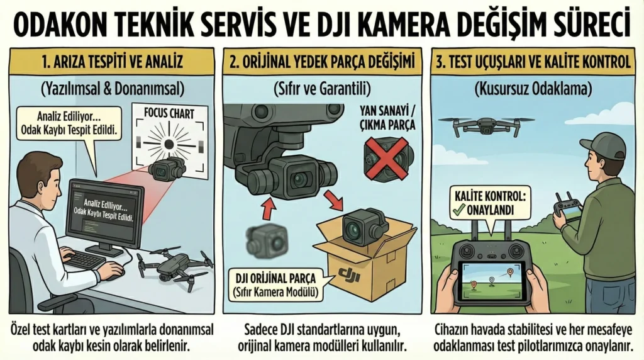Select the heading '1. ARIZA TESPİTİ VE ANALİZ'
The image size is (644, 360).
click(x=111, y=63)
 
